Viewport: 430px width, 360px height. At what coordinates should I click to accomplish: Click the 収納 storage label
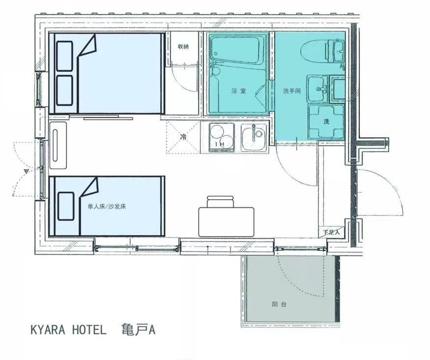point(183,46)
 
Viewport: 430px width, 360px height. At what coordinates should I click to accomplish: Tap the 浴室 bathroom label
point(238,91)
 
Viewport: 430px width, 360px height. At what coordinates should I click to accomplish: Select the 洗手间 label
point(292,91)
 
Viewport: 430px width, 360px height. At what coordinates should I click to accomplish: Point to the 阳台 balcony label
point(279,304)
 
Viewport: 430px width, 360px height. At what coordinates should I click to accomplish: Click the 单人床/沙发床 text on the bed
point(107,207)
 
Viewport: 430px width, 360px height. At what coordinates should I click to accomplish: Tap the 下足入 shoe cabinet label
point(331,232)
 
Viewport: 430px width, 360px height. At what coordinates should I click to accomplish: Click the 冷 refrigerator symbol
point(183,137)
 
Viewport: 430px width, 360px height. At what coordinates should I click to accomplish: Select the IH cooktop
point(222,138)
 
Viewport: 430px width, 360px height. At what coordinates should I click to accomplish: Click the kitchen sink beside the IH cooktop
point(254,138)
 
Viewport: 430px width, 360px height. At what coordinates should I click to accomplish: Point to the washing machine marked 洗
point(326,121)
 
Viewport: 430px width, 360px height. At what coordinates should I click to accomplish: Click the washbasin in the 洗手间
point(317,89)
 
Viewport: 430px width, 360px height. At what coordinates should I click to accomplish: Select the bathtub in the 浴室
point(237,49)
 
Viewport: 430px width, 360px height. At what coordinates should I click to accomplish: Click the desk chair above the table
point(220,202)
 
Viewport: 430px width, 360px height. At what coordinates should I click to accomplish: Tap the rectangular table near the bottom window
point(226,222)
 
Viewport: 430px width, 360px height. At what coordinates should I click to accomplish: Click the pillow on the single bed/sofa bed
point(66,206)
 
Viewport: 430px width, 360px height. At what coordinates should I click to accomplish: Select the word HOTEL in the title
point(89,330)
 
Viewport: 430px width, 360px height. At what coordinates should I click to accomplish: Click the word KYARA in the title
point(48,330)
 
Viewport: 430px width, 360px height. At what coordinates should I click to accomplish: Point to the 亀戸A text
point(139,330)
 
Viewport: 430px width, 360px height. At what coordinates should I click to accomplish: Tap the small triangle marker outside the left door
point(27,172)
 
